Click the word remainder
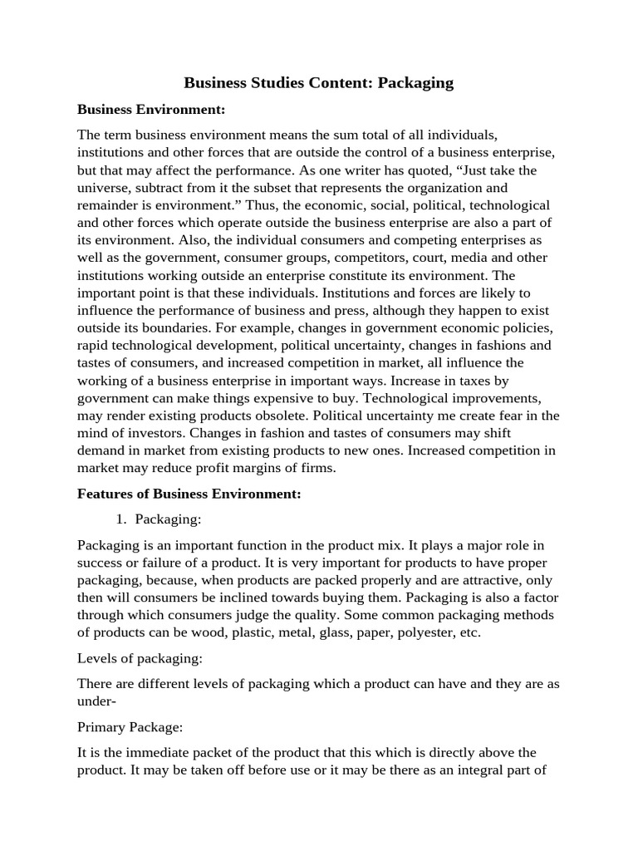pos(111,204)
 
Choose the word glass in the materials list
pos(317,632)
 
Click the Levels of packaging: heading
pos(140,658)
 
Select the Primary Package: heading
pos(130,726)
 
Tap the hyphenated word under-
pos(96,701)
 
